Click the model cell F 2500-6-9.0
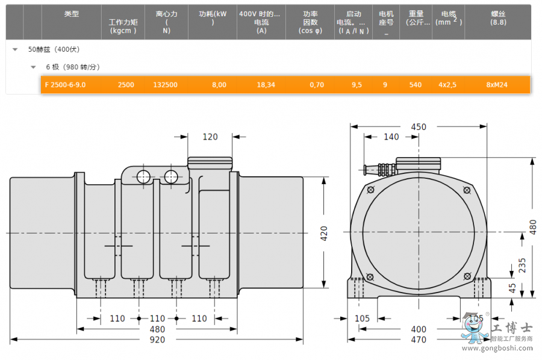point(65,85)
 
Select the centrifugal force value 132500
point(165,85)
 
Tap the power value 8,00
point(219,85)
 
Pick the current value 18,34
point(266,85)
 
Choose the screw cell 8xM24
point(497,85)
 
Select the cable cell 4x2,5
point(447,85)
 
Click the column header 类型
point(72,14)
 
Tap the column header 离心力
point(166,14)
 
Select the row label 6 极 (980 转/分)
point(72,67)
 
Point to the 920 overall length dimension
point(157,340)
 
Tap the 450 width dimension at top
point(419,127)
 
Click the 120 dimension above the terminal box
point(210,137)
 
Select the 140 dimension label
point(391,137)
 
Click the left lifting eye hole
point(143,176)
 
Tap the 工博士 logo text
point(512,328)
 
